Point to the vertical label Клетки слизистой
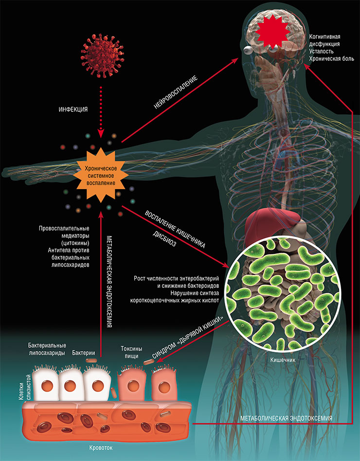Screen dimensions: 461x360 point(25,390)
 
